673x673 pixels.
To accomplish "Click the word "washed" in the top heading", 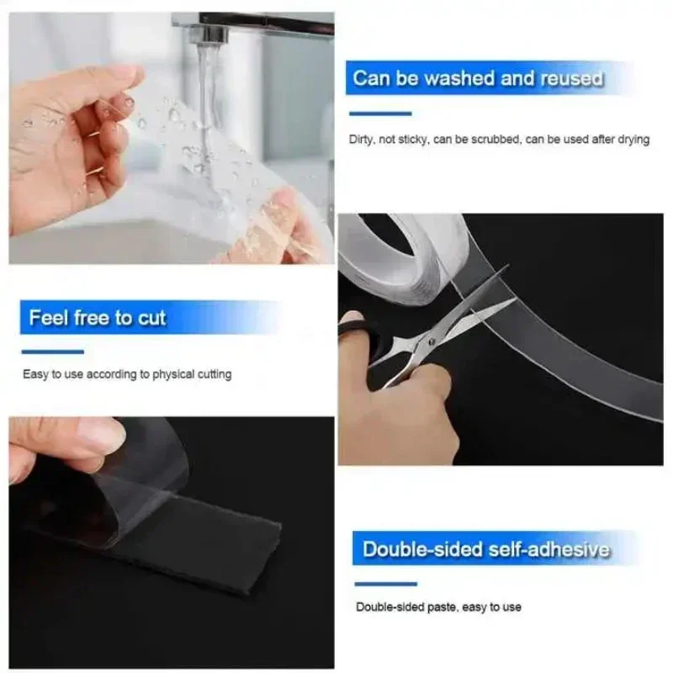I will [x=459, y=79].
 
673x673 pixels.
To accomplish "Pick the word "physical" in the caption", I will [x=173, y=374].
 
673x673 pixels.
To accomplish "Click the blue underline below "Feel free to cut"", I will [x=53, y=351].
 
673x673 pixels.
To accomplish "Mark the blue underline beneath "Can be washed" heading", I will [x=380, y=113].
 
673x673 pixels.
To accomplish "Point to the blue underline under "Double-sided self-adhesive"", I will [x=386, y=583].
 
